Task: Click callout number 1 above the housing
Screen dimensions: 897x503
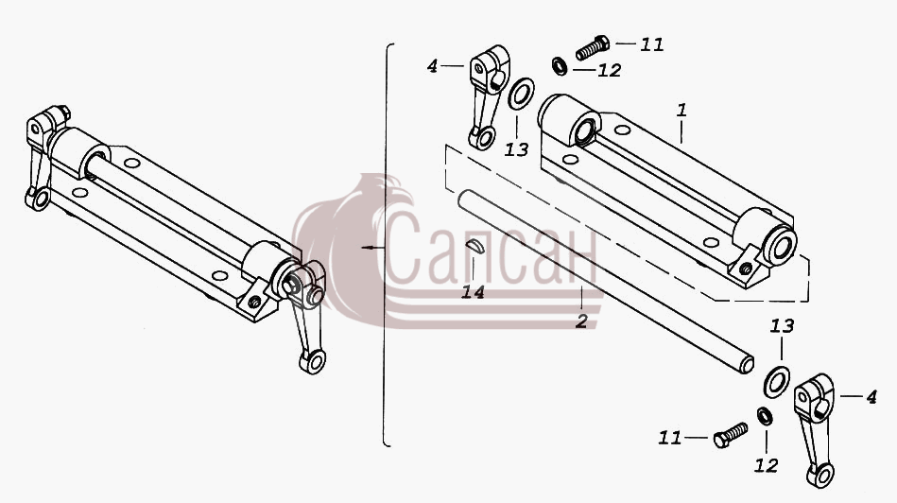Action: (x=681, y=110)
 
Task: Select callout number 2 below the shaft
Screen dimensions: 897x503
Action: (x=581, y=321)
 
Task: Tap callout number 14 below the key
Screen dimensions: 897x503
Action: (x=474, y=292)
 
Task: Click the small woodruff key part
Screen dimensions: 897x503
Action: (x=474, y=246)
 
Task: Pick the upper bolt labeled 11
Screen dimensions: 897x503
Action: (x=592, y=47)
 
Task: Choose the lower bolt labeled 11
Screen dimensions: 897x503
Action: (x=731, y=435)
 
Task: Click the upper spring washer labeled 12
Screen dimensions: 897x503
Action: (x=560, y=66)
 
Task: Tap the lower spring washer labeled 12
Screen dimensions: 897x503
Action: (x=765, y=416)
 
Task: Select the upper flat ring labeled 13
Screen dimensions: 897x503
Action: (x=521, y=94)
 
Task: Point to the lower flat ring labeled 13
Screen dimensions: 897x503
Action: (x=776, y=382)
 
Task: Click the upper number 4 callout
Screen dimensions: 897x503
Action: (x=432, y=66)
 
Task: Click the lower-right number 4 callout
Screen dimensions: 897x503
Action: (x=871, y=396)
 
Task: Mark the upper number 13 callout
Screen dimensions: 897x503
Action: (x=516, y=150)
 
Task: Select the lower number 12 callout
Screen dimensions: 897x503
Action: (x=766, y=466)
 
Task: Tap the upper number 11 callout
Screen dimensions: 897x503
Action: (x=651, y=44)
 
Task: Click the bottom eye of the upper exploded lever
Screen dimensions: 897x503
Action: (x=485, y=138)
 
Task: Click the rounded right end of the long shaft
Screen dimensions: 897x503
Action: (x=747, y=365)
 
